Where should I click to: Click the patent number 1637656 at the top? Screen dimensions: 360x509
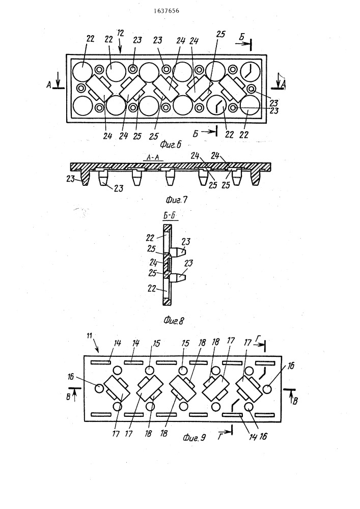(167, 11)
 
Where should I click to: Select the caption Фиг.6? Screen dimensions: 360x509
(171, 144)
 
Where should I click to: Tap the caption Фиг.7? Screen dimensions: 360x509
(177, 200)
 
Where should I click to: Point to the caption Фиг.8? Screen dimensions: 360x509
(174, 321)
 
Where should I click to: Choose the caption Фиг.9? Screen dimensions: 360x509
(195, 438)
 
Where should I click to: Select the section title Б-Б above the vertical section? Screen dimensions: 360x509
(170, 215)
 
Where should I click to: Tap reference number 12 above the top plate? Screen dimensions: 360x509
(120, 33)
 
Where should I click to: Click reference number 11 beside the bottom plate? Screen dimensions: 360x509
(89, 335)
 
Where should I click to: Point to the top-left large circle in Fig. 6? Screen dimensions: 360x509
(82, 71)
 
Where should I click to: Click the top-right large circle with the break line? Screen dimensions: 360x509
(251, 71)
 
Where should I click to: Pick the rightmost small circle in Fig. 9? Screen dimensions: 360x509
(267, 389)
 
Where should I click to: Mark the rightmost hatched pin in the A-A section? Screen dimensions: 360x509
(256, 177)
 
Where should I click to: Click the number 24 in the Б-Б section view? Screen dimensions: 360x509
(154, 262)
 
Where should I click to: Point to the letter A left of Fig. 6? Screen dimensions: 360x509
(49, 85)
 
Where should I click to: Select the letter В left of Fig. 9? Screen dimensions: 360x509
(68, 397)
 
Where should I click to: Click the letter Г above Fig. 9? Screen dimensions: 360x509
(257, 338)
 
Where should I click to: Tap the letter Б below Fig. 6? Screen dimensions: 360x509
(196, 134)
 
